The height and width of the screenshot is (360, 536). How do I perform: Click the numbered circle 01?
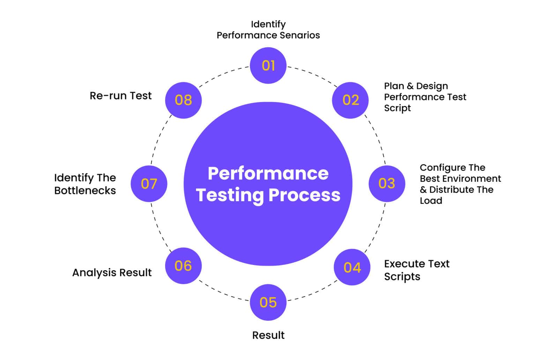point(268,66)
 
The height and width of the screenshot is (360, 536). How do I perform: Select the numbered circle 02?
point(350,100)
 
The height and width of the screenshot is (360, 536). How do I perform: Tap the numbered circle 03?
point(387,183)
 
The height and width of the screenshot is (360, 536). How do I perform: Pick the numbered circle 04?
point(352,267)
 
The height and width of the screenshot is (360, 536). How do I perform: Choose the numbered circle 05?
point(268,302)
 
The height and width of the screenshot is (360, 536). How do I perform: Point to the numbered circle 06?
point(183,266)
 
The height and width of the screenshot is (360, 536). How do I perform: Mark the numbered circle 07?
point(149,183)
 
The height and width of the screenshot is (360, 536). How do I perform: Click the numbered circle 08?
point(183,100)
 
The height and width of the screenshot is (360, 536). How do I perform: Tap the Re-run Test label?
point(120,96)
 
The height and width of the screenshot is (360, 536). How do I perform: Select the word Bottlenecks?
point(85,190)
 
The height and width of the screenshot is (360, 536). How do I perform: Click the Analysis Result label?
point(112,272)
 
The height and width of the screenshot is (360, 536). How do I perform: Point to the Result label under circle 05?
point(268,335)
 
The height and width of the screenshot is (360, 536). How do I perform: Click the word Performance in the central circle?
point(268,173)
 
